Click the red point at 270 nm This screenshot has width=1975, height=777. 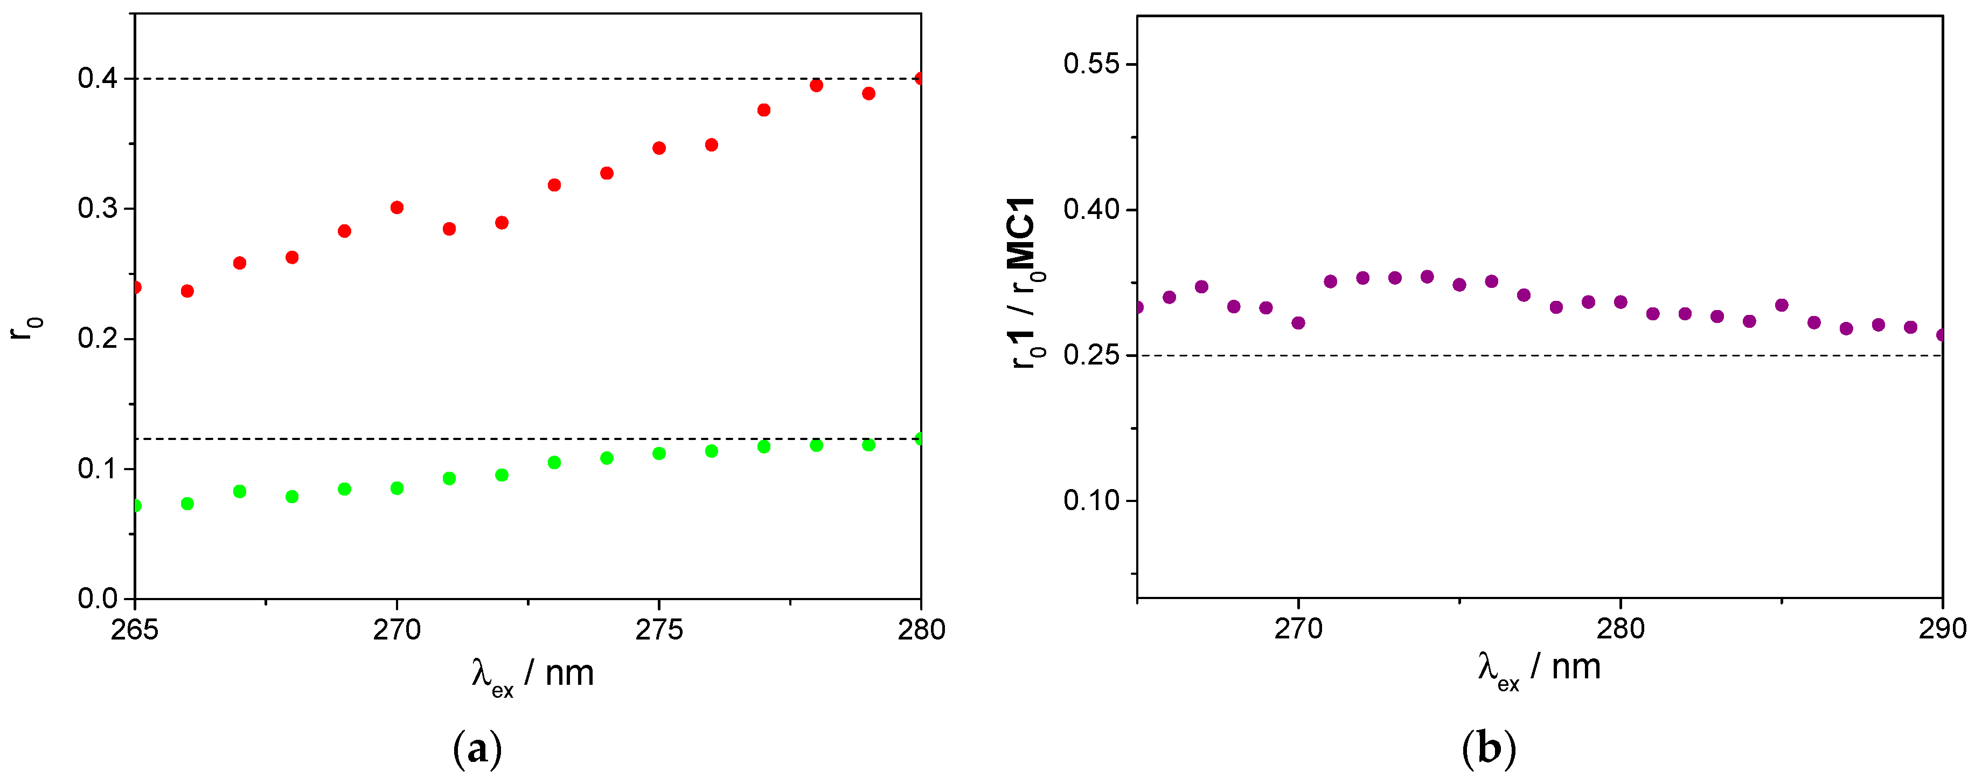click(397, 207)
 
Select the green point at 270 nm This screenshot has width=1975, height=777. click(397, 488)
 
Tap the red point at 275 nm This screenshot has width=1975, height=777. click(658, 148)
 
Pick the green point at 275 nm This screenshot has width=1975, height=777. click(658, 453)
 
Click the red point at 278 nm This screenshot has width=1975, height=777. click(816, 85)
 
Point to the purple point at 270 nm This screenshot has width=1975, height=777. click(1298, 323)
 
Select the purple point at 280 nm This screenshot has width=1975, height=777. click(1620, 302)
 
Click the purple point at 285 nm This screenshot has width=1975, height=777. click(1782, 305)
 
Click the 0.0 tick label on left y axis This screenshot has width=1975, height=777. click(98, 599)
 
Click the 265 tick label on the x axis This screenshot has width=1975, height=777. click(135, 630)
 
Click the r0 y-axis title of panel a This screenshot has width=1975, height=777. click(26, 328)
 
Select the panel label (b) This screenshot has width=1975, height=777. click(1488, 748)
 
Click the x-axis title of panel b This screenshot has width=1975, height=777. click(1540, 668)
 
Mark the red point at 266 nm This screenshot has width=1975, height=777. click(187, 291)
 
